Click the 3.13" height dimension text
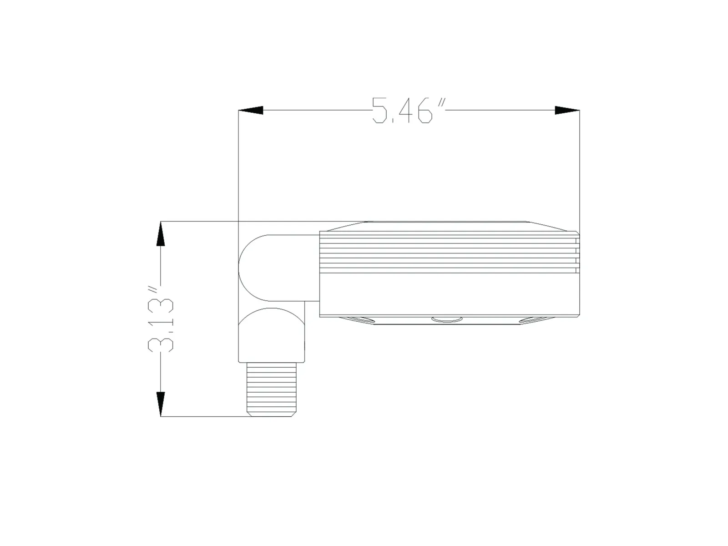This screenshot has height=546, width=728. [x=161, y=318]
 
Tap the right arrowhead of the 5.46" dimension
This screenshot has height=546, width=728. [x=567, y=110]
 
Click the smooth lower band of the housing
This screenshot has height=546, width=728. [x=448, y=294]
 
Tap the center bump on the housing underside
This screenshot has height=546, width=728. [x=447, y=320]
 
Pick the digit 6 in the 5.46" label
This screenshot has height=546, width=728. [x=425, y=111]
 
